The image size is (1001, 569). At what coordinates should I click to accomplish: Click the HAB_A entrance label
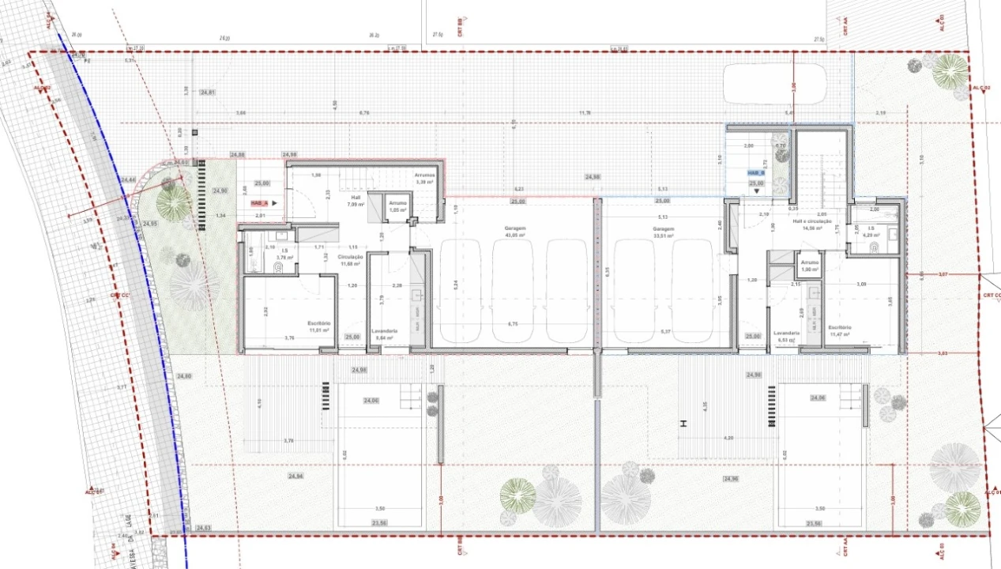click(258, 202)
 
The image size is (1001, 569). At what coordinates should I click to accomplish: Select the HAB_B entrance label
click(756, 172)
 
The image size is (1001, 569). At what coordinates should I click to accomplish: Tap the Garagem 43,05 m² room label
click(516, 232)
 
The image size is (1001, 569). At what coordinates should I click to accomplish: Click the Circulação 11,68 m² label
click(350, 260)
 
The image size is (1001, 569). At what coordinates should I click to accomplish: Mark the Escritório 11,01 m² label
click(319, 326)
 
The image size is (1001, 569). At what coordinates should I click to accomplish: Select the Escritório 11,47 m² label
click(839, 330)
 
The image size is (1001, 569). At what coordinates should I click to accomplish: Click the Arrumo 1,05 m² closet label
click(397, 207)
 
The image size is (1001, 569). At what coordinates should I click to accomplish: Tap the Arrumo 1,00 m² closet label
click(810, 266)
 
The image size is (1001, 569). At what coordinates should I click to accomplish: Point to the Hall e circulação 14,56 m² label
click(812, 224)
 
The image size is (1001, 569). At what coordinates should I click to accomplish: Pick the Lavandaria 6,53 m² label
click(787, 336)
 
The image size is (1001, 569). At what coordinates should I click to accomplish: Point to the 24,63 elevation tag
click(203, 527)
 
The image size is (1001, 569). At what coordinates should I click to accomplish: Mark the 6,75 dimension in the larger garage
click(512, 324)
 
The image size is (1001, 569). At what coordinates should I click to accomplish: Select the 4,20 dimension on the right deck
click(729, 438)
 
